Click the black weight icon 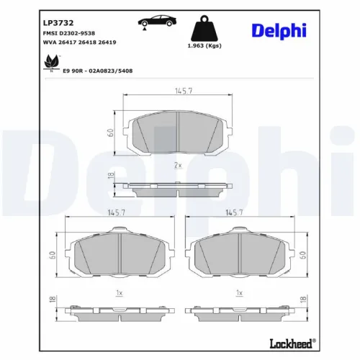[x=204, y=30]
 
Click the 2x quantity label [x=177, y=166]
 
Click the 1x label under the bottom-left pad [x=120, y=293]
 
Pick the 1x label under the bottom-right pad [x=239, y=293]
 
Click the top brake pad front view [x=177, y=134]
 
